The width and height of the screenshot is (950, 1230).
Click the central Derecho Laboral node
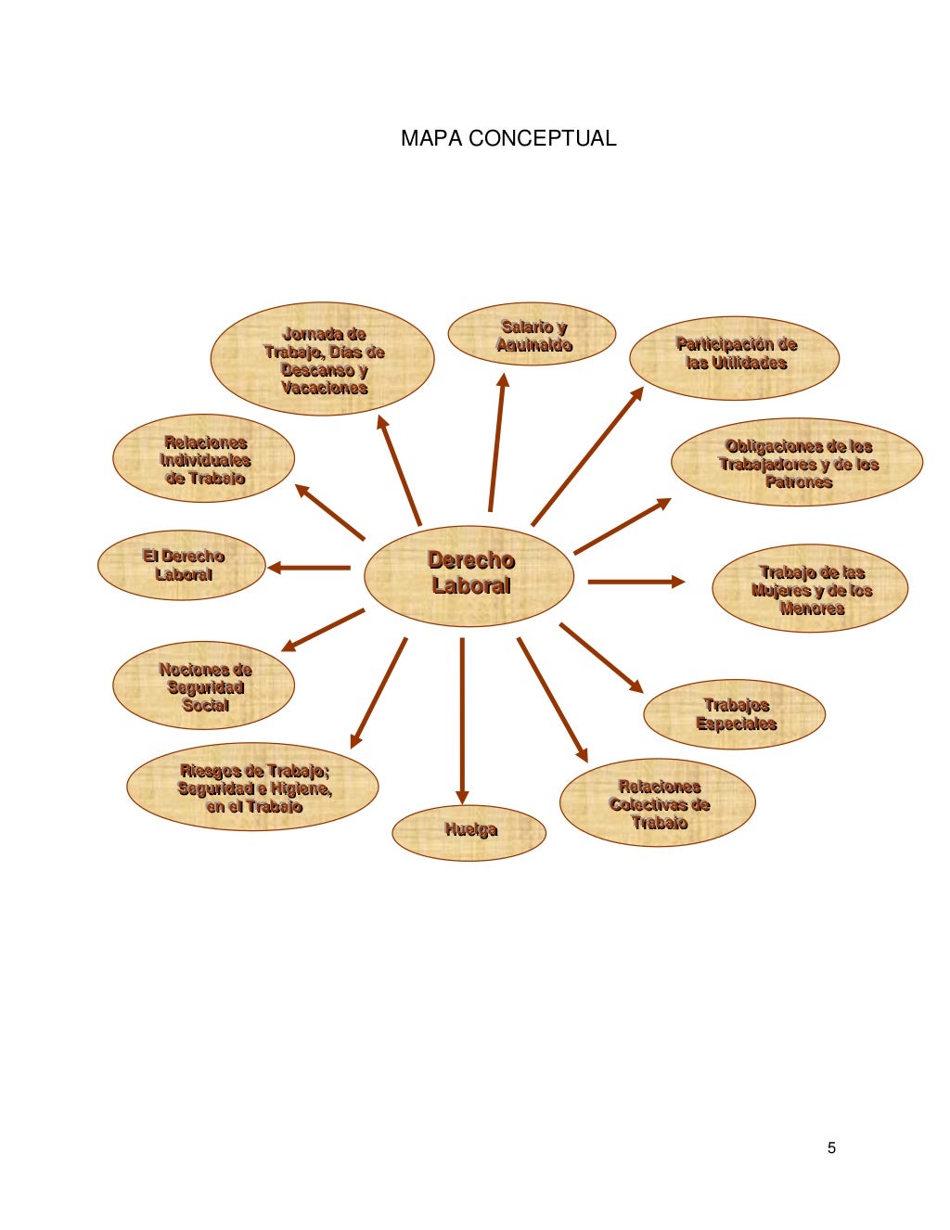coord(469,575)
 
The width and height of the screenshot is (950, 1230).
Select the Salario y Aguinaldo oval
coord(532,336)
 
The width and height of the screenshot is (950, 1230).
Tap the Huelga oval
coord(469,832)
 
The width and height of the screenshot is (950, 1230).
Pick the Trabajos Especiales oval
coord(734,714)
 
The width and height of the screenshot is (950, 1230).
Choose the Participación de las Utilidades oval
coord(735,357)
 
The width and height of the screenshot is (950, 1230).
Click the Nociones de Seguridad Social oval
coord(204,686)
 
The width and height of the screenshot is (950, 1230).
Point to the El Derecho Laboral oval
coord(182,565)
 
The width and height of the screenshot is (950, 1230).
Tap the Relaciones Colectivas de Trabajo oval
coord(658,803)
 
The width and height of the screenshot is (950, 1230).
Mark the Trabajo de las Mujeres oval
coord(810,589)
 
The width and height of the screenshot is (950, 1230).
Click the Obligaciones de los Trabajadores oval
coord(797,462)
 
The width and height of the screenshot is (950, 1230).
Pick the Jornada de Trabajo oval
coord(323,359)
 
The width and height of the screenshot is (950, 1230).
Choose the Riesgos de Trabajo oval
coord(253,788)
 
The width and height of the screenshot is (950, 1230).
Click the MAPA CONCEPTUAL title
coord(508,139)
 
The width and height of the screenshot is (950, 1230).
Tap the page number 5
coord(831,1147)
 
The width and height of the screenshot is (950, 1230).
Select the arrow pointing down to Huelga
coord(462,719)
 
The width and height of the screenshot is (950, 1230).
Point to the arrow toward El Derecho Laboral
coord(309,568)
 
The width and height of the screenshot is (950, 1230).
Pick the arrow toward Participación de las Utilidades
coord(587,455)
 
